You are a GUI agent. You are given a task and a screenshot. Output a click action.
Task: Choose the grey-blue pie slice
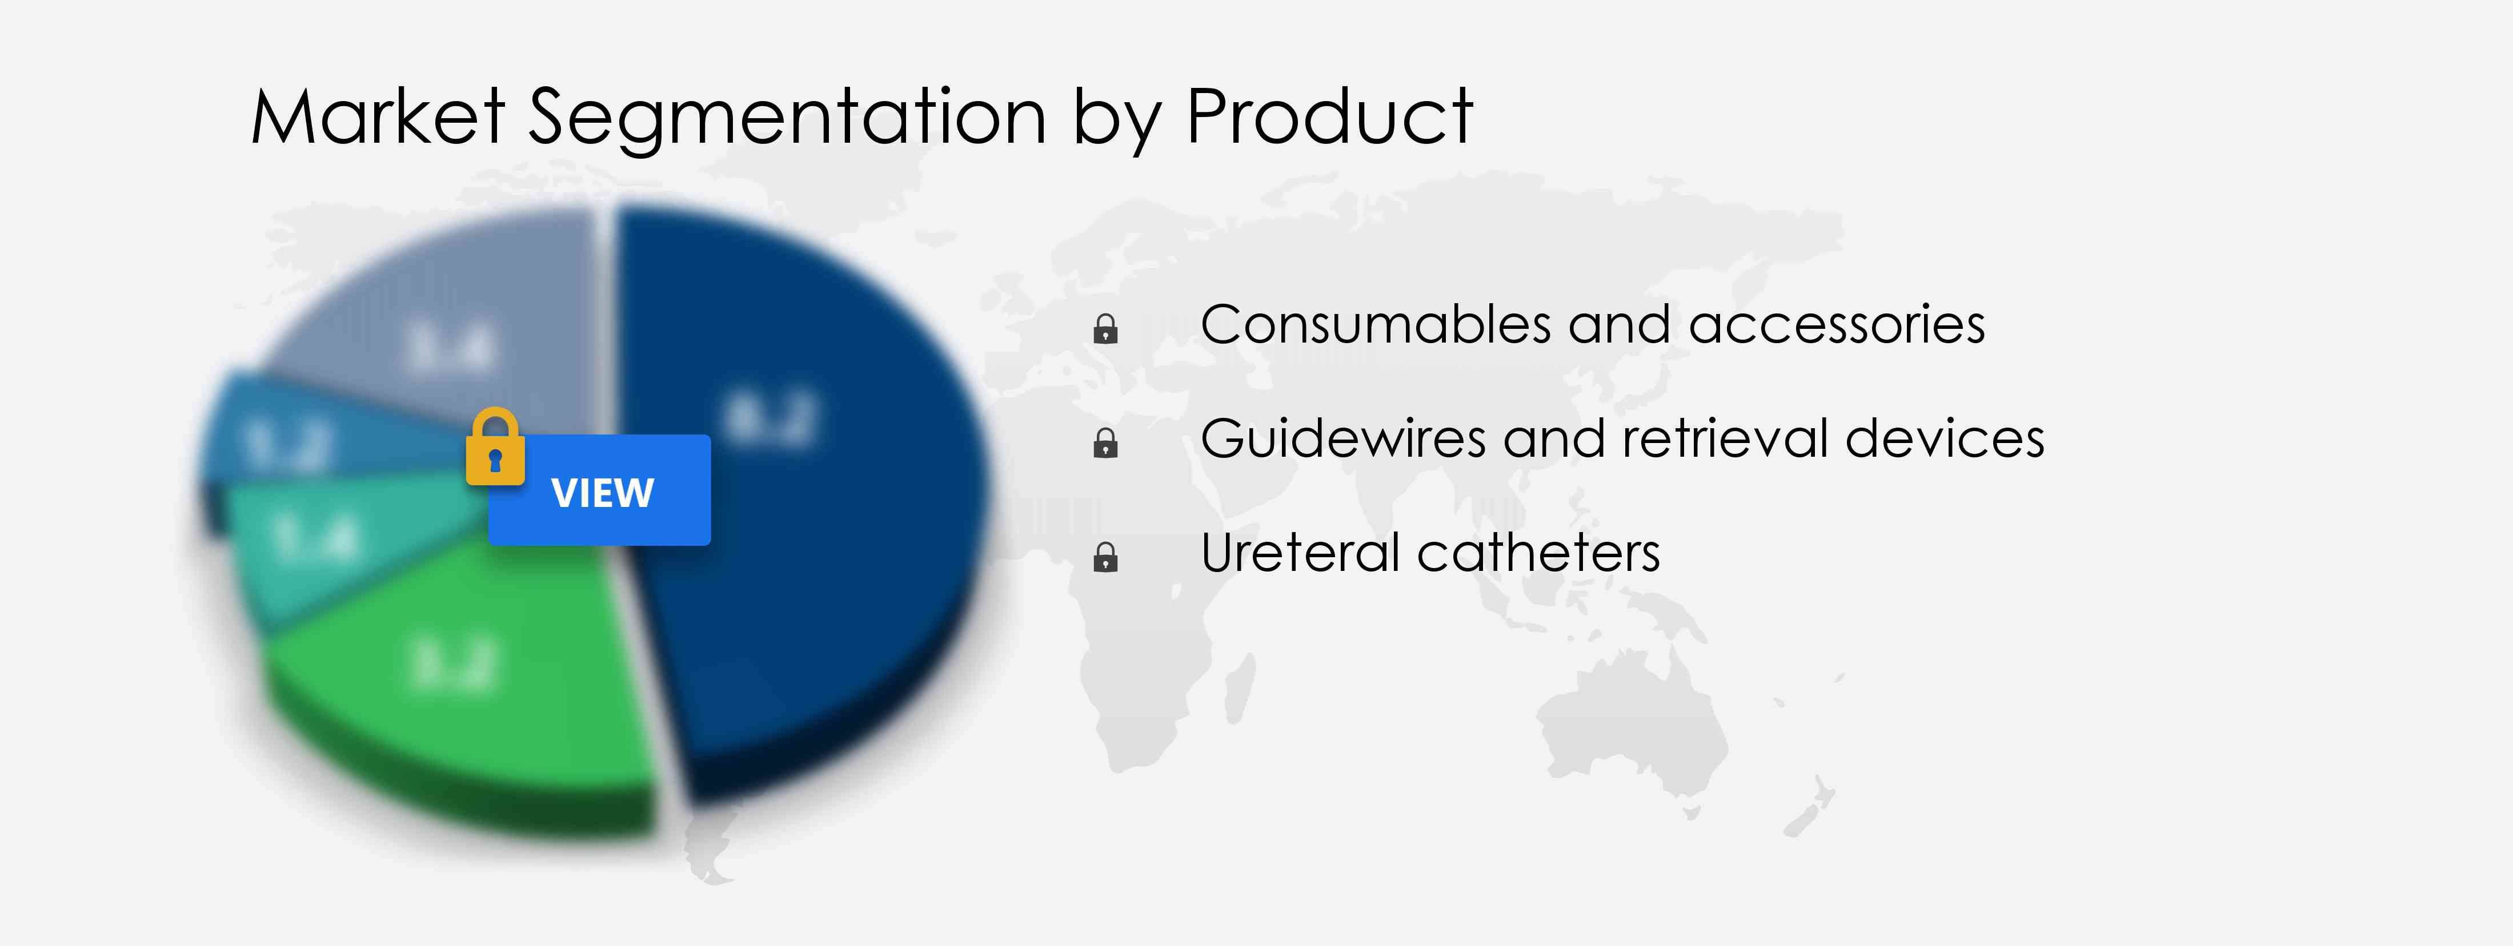coord(459,322)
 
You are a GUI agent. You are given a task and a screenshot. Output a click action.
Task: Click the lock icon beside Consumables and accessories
coord(1105,329)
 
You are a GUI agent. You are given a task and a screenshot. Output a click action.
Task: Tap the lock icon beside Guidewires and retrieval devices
coord(1105,444)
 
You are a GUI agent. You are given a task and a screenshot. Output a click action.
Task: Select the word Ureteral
coord(1300,553)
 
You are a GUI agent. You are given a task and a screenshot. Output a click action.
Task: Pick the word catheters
coord(1538,553)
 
